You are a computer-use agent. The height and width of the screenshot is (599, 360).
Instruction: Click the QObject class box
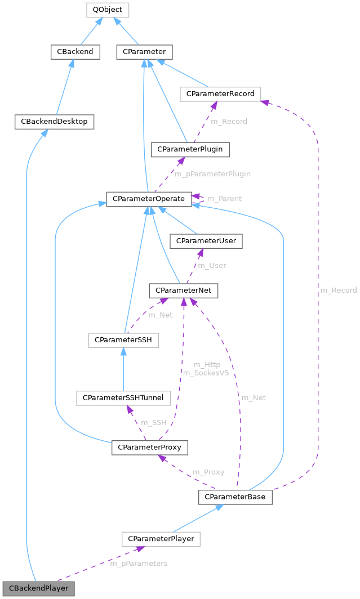click(x=107, y=10)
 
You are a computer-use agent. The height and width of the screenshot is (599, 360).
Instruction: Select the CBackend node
click(x=75, y=52)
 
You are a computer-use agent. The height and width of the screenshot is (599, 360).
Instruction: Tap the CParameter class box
click(x=144, y=52)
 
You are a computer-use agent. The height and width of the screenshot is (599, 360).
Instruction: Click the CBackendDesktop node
click(x=55, y=121)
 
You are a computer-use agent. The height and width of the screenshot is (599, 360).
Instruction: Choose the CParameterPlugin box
click(x=190, y=149)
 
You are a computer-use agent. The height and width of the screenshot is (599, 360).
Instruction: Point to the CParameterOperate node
click(x=148, y=199)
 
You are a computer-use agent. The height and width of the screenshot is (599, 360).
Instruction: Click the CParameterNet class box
click(x=183, y=290)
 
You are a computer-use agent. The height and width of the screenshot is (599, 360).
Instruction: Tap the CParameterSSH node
click(x=123, y=340)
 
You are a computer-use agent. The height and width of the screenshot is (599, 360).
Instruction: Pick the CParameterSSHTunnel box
click(x=123, y=397)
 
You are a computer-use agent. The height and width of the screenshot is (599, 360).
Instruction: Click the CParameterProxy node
click(x=149, y=448)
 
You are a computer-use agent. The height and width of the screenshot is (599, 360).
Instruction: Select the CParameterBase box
click(x=235, y=497)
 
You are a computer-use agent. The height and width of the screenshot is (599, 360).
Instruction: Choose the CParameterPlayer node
click(x=161, y=539)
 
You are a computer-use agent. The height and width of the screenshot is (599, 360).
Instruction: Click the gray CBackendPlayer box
click(x=38, y=588)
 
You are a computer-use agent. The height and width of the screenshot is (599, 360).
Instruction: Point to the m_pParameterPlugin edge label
click(x=212, y=175)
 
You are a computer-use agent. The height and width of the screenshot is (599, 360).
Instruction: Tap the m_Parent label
click(x=224, y=199)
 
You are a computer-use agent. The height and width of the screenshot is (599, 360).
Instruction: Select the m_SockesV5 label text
click(x=206, y=373)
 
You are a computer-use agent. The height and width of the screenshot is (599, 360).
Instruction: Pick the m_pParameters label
click(x=139, y=564)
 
